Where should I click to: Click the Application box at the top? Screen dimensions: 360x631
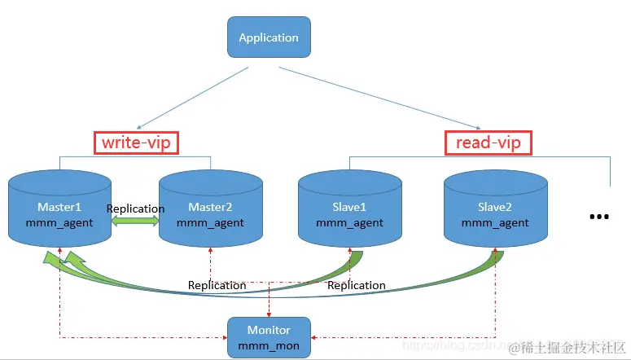[268, 37]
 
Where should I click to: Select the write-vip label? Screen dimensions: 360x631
[136, 143]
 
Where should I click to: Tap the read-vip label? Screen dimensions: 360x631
[488, 143]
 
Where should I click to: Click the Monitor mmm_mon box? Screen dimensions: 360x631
[269, 337]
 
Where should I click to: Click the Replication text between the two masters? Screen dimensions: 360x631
[135, 209]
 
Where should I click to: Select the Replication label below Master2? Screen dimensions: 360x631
[217, 285]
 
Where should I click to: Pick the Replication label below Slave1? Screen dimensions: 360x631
[356, 285]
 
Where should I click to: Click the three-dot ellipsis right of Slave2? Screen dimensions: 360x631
[598, 217]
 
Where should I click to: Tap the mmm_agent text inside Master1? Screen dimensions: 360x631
[59, 222]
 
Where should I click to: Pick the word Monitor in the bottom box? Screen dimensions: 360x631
[269, 330]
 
